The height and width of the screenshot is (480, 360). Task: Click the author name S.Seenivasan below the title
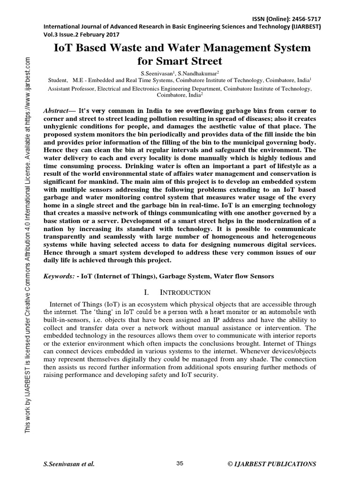[x=157, y=74]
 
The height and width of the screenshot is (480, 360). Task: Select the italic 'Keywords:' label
[x=59, y=277]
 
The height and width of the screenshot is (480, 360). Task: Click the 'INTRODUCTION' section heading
[x=185, y=292]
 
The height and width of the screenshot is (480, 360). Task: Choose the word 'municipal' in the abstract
[x=260, y=147]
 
